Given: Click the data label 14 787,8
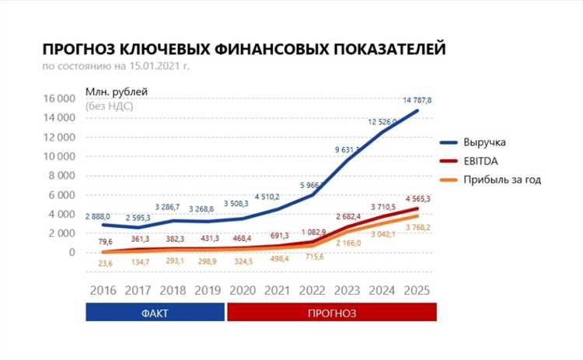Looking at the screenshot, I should [x=417, y=100].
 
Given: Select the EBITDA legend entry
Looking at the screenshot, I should [x=481, y=161].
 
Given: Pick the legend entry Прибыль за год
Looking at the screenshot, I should [x=501, y=180].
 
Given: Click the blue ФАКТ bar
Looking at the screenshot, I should [x=155, y=313].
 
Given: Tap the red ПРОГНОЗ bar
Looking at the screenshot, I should [x=331, y=313].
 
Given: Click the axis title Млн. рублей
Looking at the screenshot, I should [x=116, y=92].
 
